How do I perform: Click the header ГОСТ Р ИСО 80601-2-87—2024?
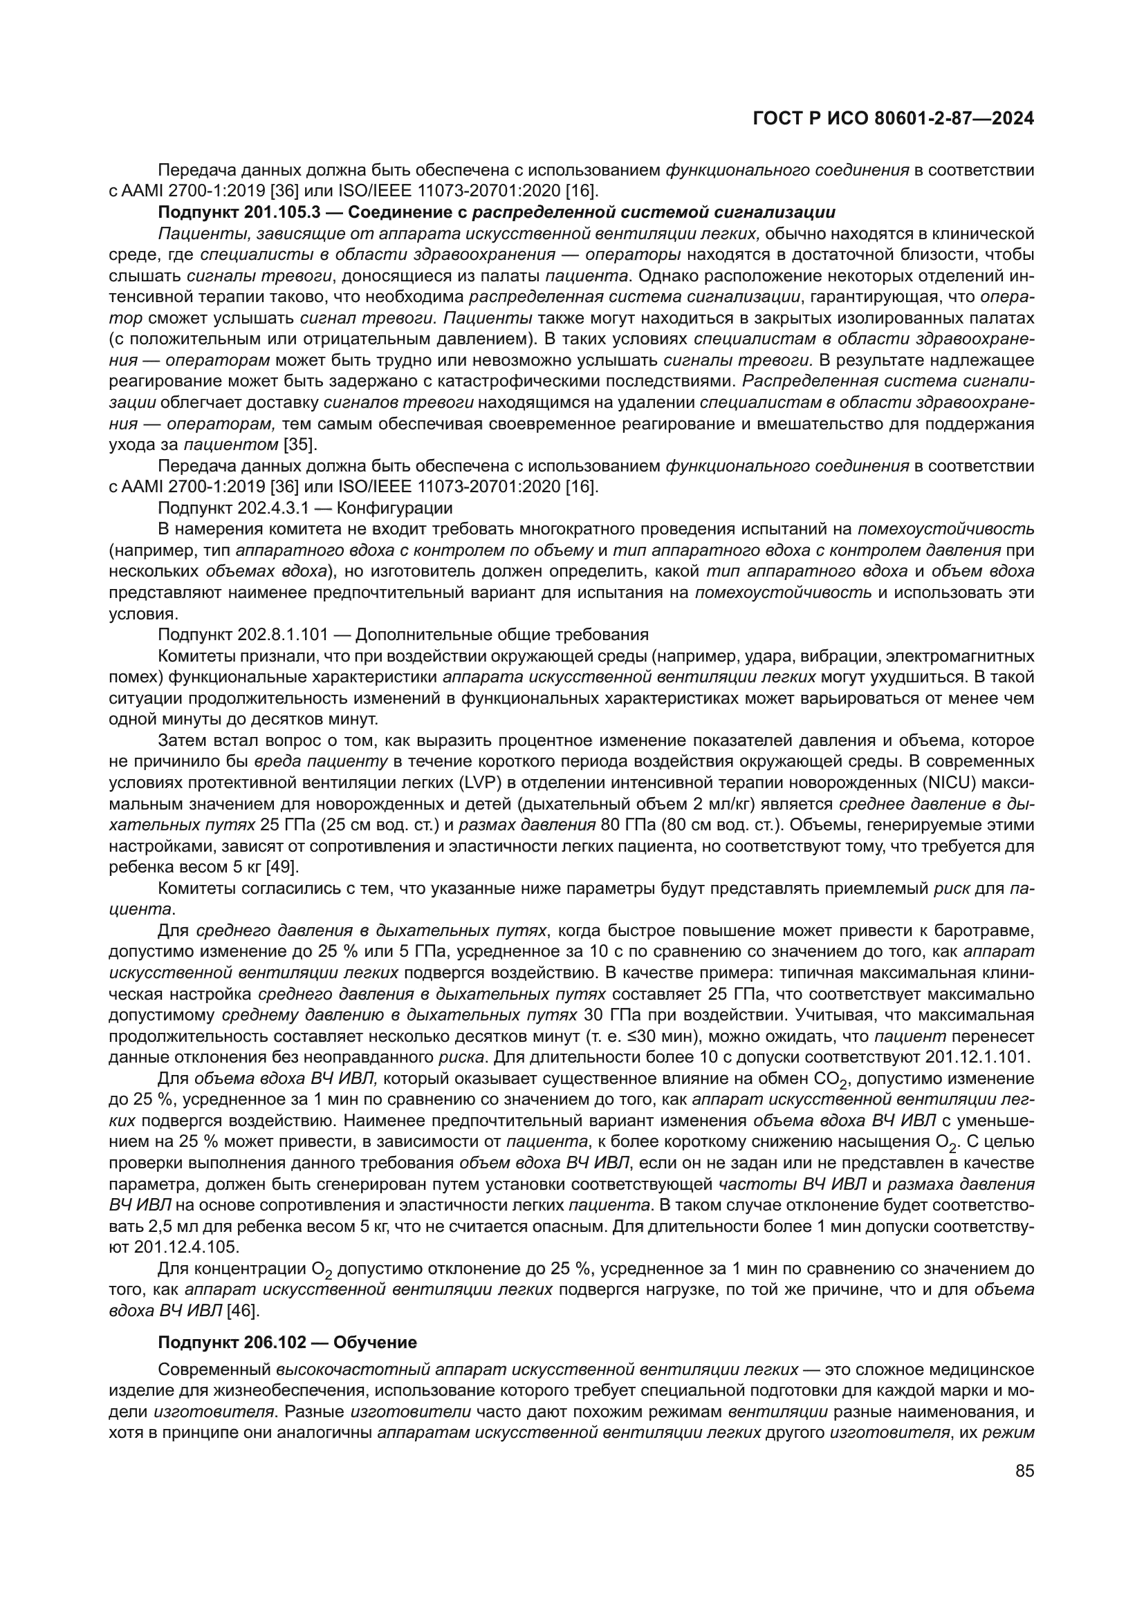(x=893, y=118)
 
